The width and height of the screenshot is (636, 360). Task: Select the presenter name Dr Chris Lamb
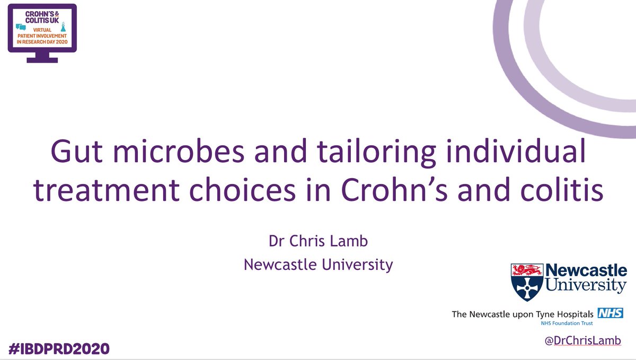click(x=317, y=241)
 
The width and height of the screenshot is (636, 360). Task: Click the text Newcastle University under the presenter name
click(x=317, y=264)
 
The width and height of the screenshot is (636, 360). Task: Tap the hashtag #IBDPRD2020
click(x=59, y=348)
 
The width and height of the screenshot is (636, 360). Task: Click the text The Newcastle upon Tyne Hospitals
click(x=522, y=314)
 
